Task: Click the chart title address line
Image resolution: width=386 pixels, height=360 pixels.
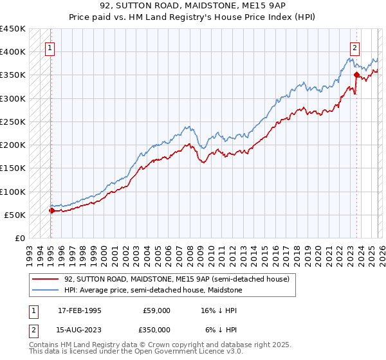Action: pos(192,7)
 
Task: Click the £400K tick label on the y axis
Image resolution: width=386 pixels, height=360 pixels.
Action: pos(13,52)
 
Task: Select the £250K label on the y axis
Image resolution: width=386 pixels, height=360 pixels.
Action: pos(13,122)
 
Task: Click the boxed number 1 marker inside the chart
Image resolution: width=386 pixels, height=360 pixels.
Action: pos(50,47)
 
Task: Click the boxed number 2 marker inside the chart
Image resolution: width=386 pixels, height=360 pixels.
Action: pos(354,47)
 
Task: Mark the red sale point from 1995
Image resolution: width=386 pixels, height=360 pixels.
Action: pos(51,210)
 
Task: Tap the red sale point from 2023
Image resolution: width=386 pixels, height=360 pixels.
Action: pos(356,75)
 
